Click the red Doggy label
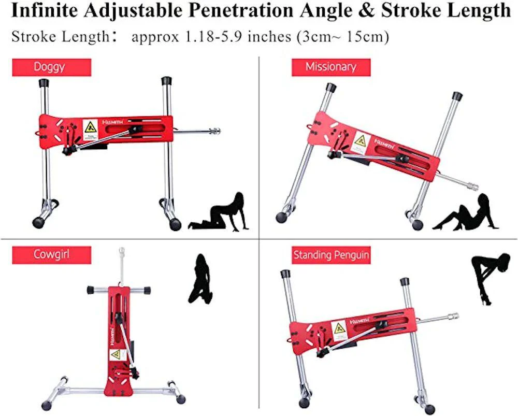[51, 67]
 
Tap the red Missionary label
[330, 67]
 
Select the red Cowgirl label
[51, 255]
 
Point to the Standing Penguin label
[331, 255]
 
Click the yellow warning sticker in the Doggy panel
[90, 128]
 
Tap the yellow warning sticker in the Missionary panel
[360, 141]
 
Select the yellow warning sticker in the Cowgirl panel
[115, 355]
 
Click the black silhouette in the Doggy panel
[220, 212]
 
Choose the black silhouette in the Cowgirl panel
[199, 279]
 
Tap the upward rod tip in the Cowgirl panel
[121, 251]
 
